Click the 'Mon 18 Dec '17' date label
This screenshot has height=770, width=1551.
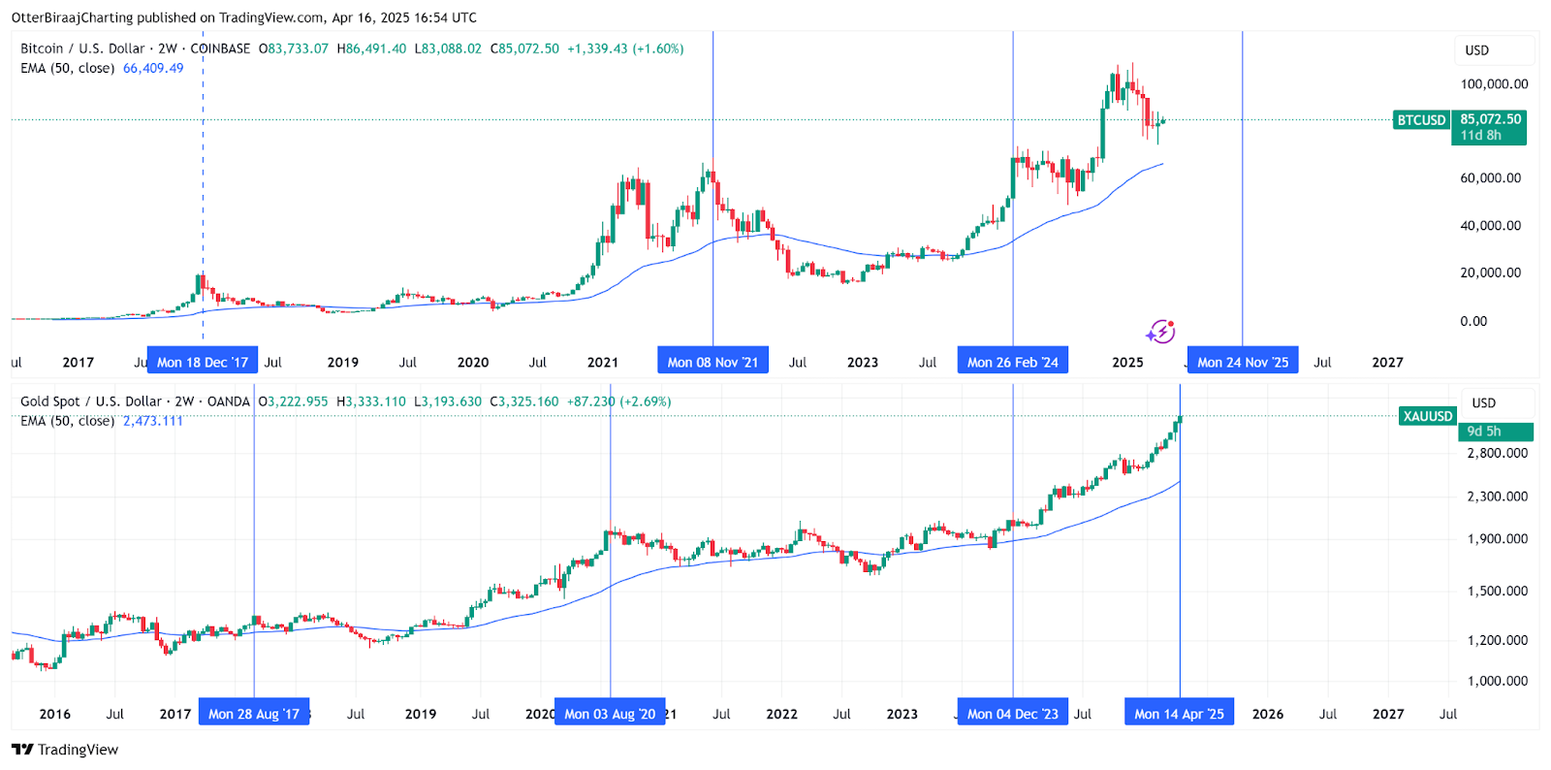click(x=203, y=362)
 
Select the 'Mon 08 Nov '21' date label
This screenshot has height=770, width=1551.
click(x=712, y=362)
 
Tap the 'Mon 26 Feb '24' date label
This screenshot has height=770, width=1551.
click(x=1013, y=362)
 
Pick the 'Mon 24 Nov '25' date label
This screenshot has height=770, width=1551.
click(x=1243, y=362)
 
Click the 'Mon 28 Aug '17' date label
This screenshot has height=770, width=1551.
click(x=254, y=714)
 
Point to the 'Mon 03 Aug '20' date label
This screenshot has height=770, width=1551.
click(x=610, y=714)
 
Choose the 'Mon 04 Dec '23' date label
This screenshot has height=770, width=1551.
click(x=1013, y=714)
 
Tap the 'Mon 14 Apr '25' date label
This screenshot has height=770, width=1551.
click(x=1179, y=714)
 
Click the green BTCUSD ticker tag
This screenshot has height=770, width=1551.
click(x=1421, y=120)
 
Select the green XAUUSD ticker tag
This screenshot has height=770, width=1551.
click(x=1427, y=416)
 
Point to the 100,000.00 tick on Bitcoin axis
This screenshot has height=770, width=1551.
click(x=1494, y=84)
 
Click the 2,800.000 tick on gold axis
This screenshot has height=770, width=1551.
click(x=1497, y=453)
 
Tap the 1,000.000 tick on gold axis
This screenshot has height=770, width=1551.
click(x=1497, y=681)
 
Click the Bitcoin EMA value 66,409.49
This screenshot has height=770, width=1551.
click(x=153, y=68)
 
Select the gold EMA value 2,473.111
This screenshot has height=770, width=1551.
click(x=153, y=421)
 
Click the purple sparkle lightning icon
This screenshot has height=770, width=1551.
click(x=1160, y=332)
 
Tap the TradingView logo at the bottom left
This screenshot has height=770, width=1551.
click(x=65, y=750)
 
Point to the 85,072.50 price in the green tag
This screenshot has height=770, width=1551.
click(x=1490, y=119)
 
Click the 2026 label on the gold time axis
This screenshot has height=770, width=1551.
click(x=1267, y=714)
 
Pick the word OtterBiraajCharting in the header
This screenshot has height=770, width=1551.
click(x=72, y=17)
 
